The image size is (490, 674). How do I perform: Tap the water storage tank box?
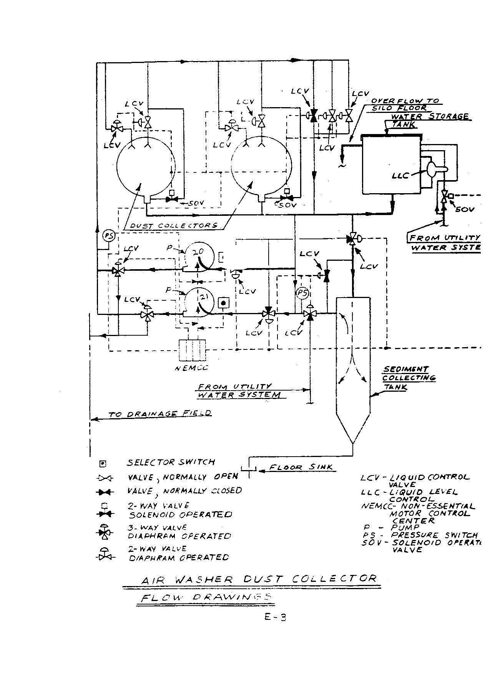click(x=392, y=166)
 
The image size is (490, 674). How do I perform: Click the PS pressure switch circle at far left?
click(x=109, y=236)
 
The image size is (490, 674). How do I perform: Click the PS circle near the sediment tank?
click(x=302, y=294)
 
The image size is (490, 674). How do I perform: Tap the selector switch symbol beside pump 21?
click(x=223, y=303)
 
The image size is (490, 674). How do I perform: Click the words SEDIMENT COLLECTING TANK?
click(x=409, y=378)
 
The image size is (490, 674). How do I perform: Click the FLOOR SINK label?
click(x=301, y=467)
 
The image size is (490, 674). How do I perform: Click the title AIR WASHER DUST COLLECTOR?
click(x=259, y=579)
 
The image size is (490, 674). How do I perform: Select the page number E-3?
click(x=275, y=617)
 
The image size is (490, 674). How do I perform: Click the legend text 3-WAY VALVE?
click(x=157, y=528)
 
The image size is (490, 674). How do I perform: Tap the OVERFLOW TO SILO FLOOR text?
click(x=404, y=104)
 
